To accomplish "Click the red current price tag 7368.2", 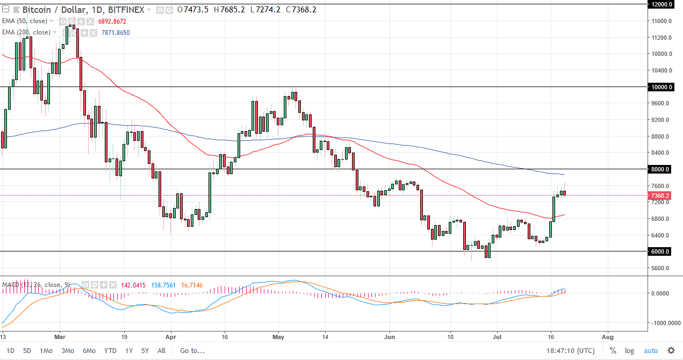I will click(x=659, y=196).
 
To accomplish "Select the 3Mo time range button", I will click(x=67, y=351).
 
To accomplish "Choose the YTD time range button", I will click(x=110, y=351).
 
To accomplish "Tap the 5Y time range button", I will click(x=145, y=351).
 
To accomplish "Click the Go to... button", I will click(x=192, y=351).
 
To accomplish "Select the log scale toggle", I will click(x=629, y=351).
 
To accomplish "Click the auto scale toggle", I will click(x=650, y=351).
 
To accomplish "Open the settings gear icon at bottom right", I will click(x=671, y=350).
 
